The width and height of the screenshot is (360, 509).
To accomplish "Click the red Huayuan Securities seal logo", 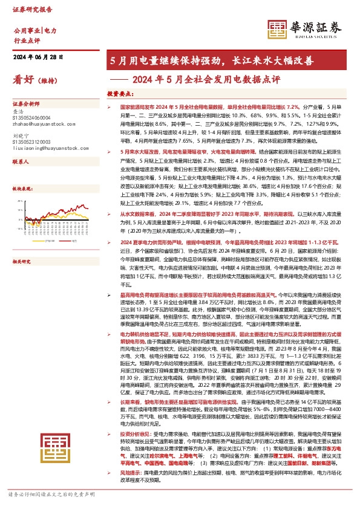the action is (x=278, y=27).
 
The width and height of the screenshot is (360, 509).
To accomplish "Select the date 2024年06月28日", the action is (x=38, y=57).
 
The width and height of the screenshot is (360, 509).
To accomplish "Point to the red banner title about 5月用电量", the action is (x=211, y=61).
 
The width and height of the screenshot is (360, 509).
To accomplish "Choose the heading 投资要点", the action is (x=120, y=94).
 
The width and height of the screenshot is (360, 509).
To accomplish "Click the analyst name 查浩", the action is (x=18, y=112).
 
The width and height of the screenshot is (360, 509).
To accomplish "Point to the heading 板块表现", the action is (x=22, y=189).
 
